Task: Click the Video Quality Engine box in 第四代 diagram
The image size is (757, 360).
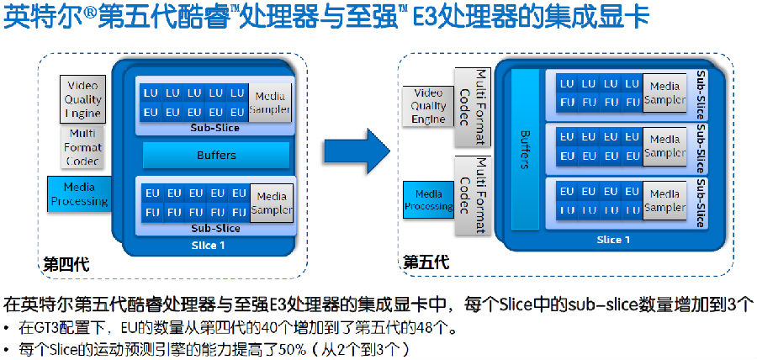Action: [x=82, y=100]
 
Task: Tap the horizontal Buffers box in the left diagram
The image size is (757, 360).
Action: [x=216, y=155]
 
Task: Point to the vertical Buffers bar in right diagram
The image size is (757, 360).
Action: [x=525, y=149]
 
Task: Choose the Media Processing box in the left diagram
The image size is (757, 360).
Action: [x=78, y=193]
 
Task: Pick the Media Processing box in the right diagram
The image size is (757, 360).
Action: [x=428, y=200]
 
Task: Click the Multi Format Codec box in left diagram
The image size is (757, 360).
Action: [x=82, y=147]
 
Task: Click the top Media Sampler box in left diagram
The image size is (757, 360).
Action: [x=271, y=101]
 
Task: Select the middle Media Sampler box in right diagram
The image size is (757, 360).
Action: [x=664, y=146]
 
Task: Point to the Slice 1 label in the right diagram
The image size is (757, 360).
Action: [x=613, y=240]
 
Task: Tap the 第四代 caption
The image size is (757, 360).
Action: [x=66, y=266]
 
